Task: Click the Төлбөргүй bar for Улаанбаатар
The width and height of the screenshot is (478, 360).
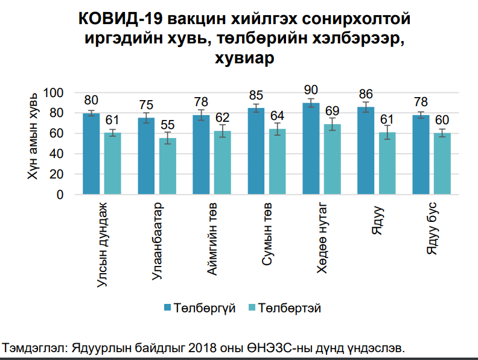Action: coord(146,156)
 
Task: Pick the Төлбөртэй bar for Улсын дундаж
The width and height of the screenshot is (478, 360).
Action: coord(112,163)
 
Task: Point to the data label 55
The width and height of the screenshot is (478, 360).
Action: coord(167,125)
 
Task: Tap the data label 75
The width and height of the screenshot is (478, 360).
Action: coord(146,105)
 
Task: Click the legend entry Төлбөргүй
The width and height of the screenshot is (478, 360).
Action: coord(199,308)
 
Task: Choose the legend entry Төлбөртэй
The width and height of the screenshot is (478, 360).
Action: coord(284,308)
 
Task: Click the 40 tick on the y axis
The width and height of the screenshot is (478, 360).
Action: coord(57,154)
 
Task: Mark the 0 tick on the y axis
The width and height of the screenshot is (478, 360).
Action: coord(60,195)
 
